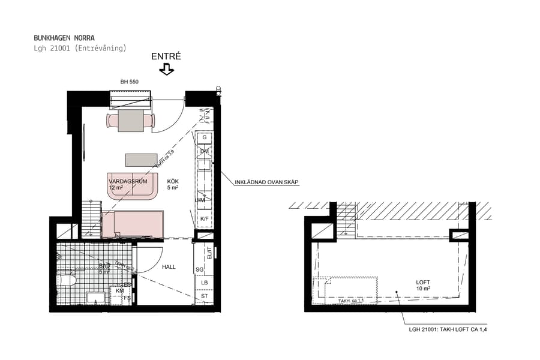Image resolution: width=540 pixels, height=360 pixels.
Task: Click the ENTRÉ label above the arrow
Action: coord(166,56)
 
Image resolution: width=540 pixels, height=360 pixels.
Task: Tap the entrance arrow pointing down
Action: coord(166,70)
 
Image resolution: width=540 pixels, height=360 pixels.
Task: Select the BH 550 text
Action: coord(130,82)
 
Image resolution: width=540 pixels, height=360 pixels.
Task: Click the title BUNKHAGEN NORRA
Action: coord(64,38)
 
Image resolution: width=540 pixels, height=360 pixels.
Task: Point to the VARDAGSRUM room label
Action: coord(124,181)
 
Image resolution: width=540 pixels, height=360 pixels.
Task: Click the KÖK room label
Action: coord(173,181)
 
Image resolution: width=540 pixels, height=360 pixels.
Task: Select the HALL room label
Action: coord(169,267)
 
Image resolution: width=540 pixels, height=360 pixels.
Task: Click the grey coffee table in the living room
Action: coord(141,160)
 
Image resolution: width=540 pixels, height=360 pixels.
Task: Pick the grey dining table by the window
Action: coord(130,121)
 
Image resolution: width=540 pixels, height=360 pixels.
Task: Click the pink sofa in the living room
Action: coord(132,186)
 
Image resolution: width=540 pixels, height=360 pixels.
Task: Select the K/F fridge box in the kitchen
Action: coord(205,219)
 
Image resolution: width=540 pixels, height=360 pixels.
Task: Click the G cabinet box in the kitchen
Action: coord(205,137)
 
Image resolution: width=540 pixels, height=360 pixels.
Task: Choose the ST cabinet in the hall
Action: coord(204,296)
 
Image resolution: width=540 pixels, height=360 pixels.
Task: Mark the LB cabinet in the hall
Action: coord(204,283)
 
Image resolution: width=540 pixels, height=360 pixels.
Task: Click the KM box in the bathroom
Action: coord(120,290)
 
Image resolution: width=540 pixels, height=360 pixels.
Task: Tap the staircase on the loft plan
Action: coord(346,218)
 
